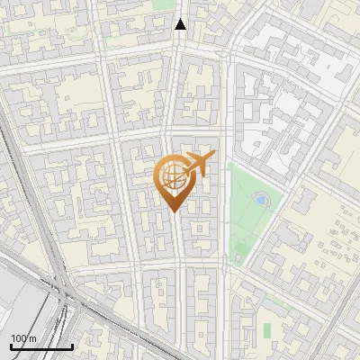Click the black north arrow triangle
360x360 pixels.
click(x=181, y=24)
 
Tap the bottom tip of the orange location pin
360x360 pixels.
click(x=171, y=211)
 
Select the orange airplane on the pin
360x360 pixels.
click(x=199, y=165)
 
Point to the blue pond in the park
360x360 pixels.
click(x=260, y=199)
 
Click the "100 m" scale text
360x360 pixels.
click(x=23, y=337)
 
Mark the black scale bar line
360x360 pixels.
click(x=41, y=346)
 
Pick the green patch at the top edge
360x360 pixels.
click(x=163, y=4)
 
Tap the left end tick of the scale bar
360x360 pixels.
click(x=11, y=345)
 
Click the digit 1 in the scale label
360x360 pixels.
click(x=13, y=337)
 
